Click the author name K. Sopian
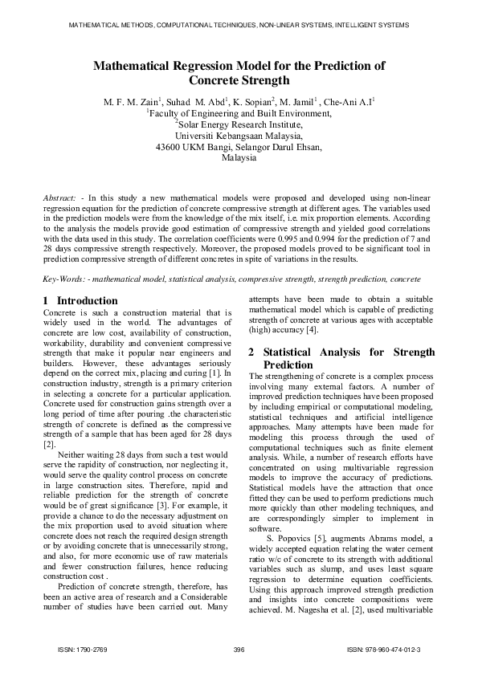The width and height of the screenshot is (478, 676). tap(255, 103)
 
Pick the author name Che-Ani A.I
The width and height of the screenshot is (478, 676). tap(353, 103)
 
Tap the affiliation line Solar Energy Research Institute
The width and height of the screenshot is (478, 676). tap(240, 125)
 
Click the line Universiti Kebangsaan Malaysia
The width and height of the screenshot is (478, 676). tap(239, 136)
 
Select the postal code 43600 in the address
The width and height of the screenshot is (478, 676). tap(168, 148)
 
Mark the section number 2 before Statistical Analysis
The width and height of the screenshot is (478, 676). tap(252, 352)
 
